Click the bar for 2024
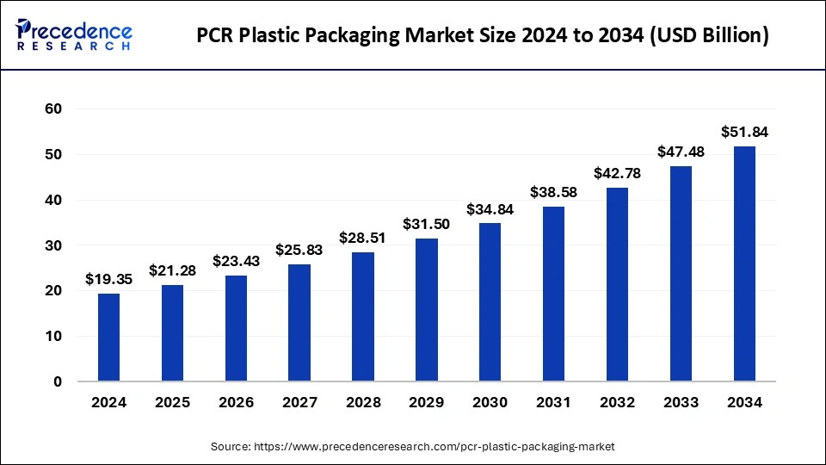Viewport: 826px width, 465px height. click(108, 337)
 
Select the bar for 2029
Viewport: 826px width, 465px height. click(426, 309)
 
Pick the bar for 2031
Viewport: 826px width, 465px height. click(553, 294)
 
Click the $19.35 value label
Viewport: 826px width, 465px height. click(108, 279)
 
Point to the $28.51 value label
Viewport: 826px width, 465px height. click(362, 238)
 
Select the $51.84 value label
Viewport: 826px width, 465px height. click(743, 132)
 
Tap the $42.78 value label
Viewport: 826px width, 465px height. click(617, 173)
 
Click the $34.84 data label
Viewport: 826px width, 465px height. click(490, 209)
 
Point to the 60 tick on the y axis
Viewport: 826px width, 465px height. click(53, 109)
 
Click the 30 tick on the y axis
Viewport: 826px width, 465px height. click(53, 245)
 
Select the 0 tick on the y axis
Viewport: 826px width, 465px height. click(58, 381)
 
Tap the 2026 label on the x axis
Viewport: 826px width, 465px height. click(236, 401)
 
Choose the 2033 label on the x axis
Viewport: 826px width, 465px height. click(680, 401)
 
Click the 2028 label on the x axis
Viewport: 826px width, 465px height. click(362, 401)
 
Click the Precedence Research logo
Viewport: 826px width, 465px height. click(74, 34)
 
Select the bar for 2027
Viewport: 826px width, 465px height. click(299, 322)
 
